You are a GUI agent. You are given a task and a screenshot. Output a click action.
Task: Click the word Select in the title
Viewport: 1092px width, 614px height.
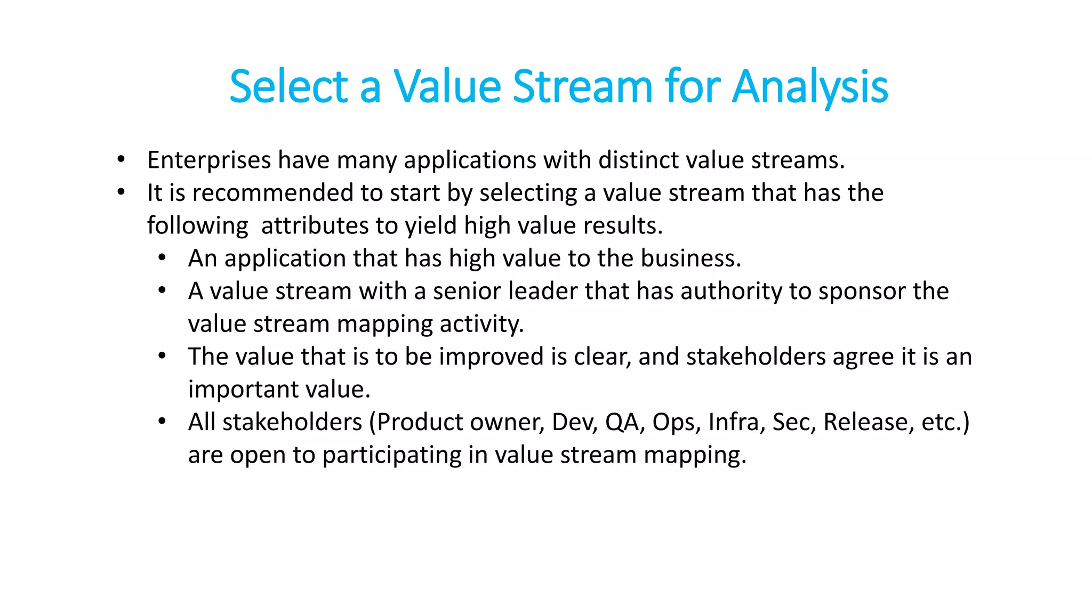click(x=288, y=86)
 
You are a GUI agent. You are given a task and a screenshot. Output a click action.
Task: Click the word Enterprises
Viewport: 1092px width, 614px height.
click(x=209, y=160)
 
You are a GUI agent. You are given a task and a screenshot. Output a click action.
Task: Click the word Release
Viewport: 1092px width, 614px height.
click(x=865, y=422)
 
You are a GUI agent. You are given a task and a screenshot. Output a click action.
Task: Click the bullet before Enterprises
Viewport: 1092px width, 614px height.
click(x=121, y=159)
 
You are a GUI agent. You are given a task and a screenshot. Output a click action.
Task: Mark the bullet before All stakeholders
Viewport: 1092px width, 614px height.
click(x=162, y=421)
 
